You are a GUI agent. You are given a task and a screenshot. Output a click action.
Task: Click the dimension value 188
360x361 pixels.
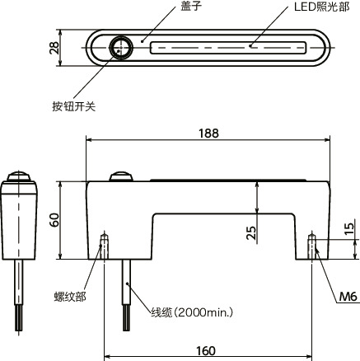[x=210, y=132]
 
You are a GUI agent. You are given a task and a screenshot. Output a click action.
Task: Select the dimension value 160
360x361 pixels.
[x=207, y=351]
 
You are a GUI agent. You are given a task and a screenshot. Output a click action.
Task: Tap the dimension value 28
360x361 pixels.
[x=54, y=49]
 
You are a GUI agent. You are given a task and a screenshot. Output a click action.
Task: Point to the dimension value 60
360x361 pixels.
[x=54, y=221]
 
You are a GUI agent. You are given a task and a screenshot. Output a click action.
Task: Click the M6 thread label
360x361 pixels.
[x=348, y=296]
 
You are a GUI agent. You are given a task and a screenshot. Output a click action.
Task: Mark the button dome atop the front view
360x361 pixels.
[x=122, y=176]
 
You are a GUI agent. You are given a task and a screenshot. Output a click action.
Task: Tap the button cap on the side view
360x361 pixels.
[x=18, y=176]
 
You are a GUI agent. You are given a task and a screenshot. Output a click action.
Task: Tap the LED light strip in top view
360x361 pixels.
[x=231, y=49]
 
